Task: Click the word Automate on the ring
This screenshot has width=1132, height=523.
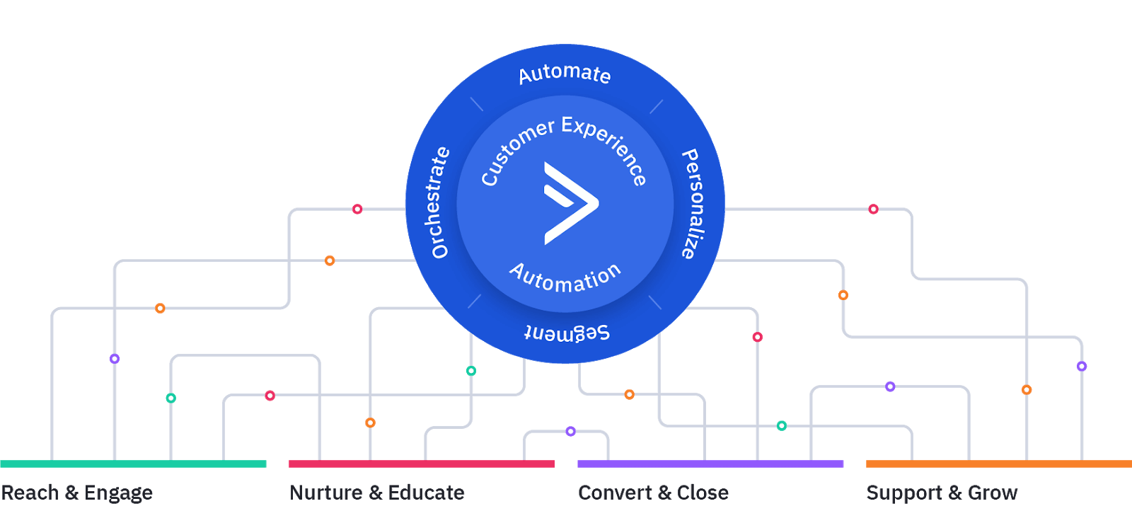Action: pyautogui.click(x=564, y=74)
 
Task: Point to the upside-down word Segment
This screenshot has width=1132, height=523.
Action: pyautogui.click(x=567, y=333)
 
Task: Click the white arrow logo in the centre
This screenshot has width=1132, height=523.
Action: pyautogui.click(x=570, y=203)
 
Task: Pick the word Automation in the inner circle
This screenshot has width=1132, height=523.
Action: pyautogui.click(x=565, y=277)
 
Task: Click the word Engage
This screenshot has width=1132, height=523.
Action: pyautogui.click(x=118, y=493)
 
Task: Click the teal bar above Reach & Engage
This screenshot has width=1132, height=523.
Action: pyautogui.click(x=133, y=464)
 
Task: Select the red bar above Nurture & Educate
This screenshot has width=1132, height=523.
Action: pyautogui.click(x=421, y=464)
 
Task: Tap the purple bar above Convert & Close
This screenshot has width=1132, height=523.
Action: pyautogui.click(x=710, y=464)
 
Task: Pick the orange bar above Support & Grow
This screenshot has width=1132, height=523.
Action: pyautogui.click(x=998, y=464)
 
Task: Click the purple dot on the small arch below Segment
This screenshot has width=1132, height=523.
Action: pyautogui.click(x=570, y=431)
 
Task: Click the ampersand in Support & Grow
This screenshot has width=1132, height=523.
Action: pyautogui.click(x=954, y=493)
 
